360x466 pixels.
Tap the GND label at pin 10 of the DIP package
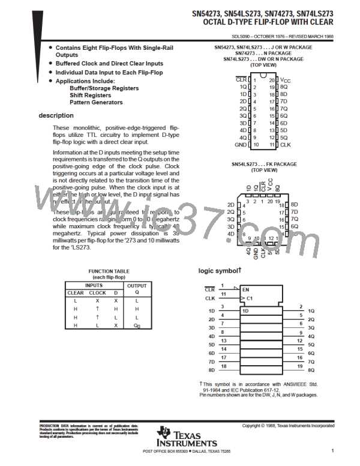[241, 145]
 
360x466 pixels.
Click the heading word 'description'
[56, 115]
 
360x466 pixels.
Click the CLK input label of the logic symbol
[210, 298]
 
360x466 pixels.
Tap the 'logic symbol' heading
[220, 271]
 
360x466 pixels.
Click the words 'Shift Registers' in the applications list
[91, 95]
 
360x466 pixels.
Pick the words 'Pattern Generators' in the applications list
[96, 103]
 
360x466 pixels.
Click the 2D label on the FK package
[231, 205]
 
